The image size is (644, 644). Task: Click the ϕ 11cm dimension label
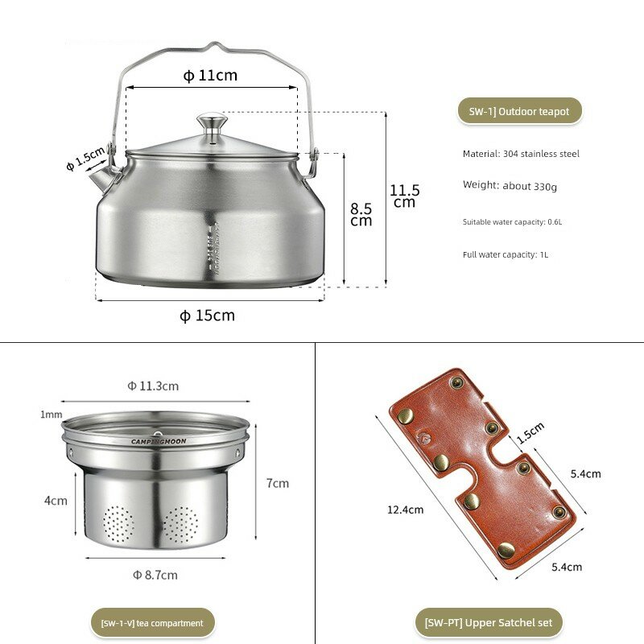pos(210,76)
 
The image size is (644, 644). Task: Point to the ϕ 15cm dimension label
pos(208,316)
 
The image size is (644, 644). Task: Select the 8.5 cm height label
pos(361,214)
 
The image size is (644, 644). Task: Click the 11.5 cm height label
pos(405,196)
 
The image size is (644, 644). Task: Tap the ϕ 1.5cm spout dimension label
pos(85,159)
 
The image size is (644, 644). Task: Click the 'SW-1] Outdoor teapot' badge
pos(519,111)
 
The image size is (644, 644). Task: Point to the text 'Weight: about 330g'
pos(510,186)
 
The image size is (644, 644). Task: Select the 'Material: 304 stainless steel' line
pos(521,154)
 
